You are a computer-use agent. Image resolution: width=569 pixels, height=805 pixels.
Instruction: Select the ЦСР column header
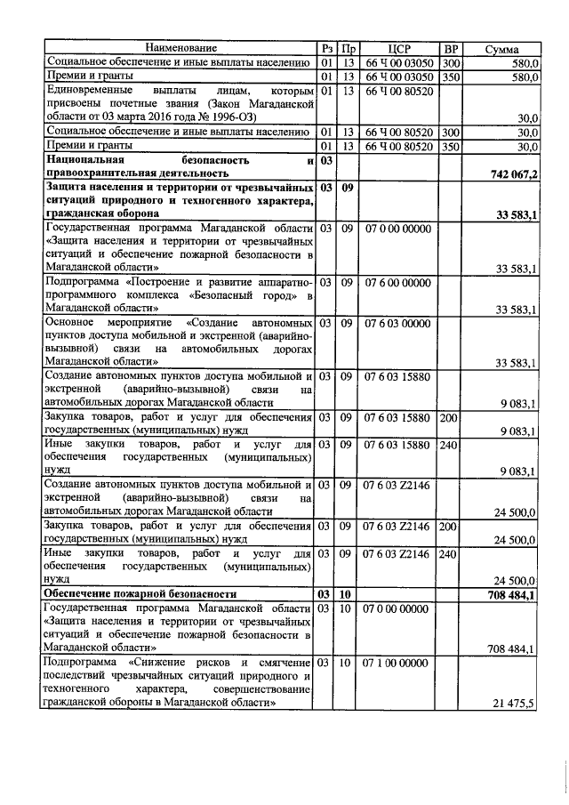(x=399, y=47)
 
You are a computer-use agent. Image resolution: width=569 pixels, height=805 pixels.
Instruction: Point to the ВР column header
(x=451, y=47)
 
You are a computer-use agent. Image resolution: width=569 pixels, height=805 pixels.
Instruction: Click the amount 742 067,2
(x=508, y=173)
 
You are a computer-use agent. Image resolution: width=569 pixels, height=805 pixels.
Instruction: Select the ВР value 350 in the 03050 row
(x=451, y=76)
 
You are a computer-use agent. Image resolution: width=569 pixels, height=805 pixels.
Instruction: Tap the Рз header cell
(x=326, y=47)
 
